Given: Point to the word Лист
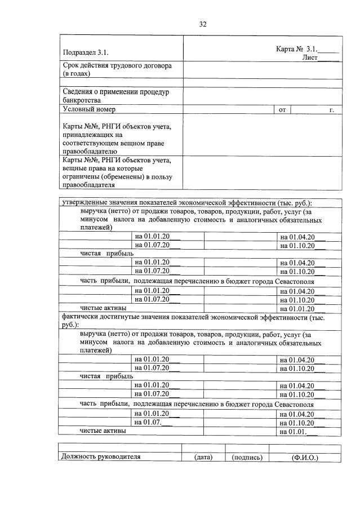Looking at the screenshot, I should click(x=310, y=57).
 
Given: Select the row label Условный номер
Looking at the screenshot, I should click(x=89, y=109).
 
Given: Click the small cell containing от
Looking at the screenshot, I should click(x=282, y=110).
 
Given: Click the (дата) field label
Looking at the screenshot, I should click(x=203, y=457).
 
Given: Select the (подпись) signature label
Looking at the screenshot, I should click(x=247, y=457).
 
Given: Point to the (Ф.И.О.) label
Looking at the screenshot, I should click(x=305, y=457).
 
